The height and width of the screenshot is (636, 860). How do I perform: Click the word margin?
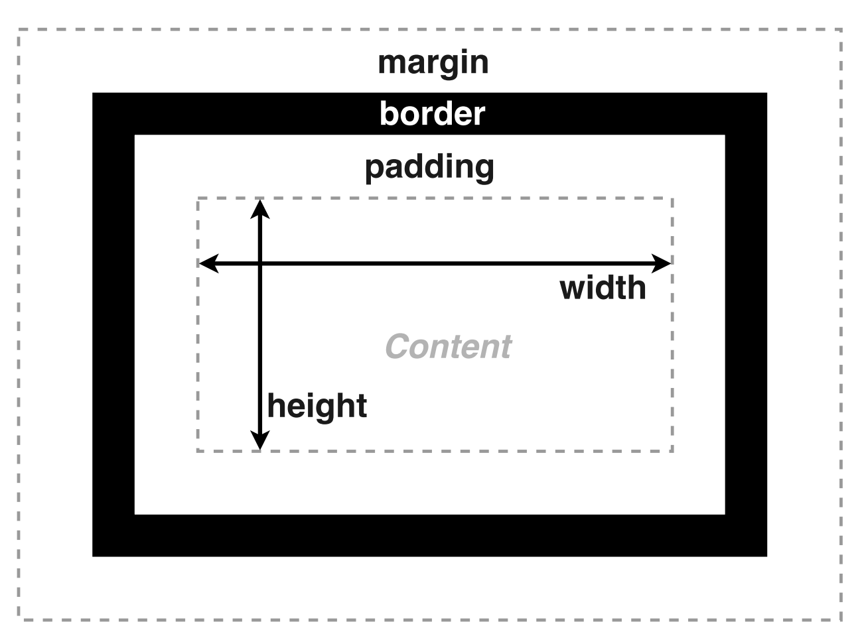(433, 63)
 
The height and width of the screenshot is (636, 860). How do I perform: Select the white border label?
(432, 113)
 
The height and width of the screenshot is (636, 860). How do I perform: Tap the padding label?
(429, 166)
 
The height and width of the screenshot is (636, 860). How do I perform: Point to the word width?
(603, 288)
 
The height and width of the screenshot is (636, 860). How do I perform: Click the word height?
(317, 406)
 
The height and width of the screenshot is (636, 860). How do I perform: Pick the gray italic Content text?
(448, 346)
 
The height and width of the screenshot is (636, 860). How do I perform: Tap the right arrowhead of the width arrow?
(663, 263)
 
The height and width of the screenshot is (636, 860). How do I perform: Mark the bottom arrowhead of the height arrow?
(260, 441)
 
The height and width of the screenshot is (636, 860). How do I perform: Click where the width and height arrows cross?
(260, 263)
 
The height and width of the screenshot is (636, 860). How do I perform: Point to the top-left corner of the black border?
(94, 94)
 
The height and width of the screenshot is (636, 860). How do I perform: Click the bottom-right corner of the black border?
(766, 554)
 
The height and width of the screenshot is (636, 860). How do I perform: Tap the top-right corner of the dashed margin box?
(841, 30)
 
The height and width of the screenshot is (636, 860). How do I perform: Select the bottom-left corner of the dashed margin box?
(19, 619)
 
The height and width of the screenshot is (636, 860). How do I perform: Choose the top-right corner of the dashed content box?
(672, 198)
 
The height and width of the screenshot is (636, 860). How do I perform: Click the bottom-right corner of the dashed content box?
(672, 451)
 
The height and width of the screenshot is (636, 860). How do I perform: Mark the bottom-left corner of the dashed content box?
(198, 451)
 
